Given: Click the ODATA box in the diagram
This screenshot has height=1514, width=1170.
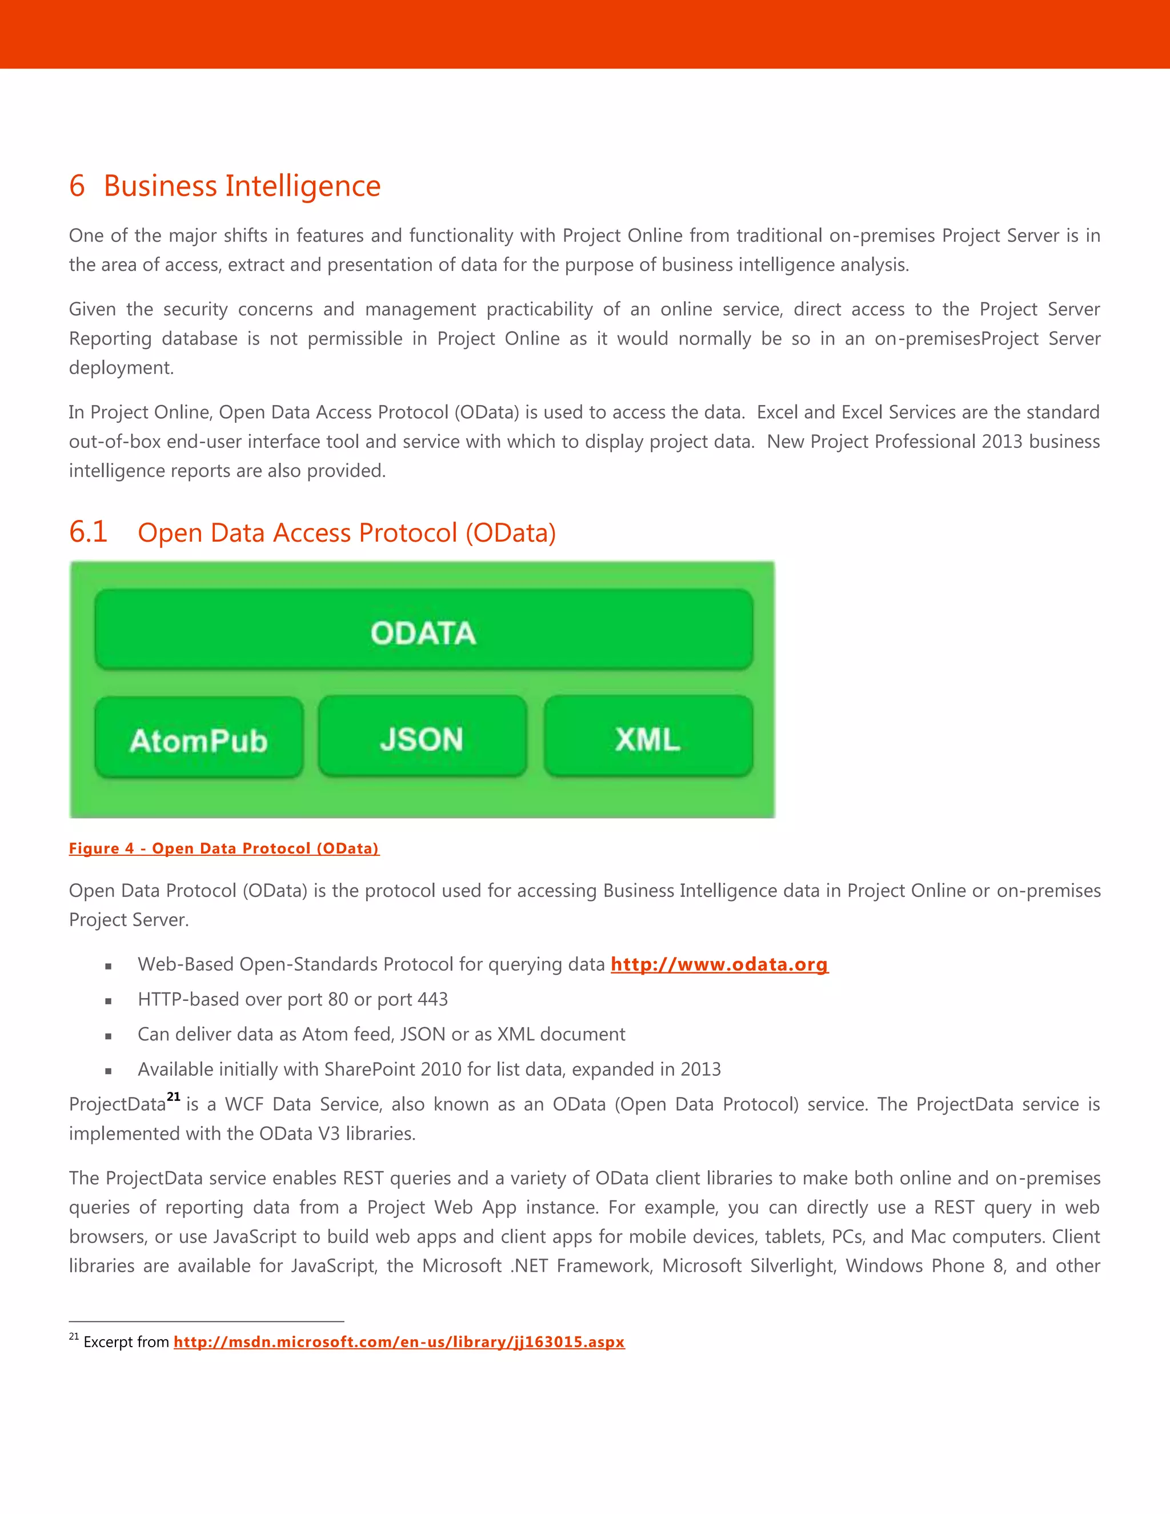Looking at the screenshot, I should pos(423,630).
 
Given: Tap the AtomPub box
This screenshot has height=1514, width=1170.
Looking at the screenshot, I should pos(199,739).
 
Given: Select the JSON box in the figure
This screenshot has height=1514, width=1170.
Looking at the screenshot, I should pos(422,738).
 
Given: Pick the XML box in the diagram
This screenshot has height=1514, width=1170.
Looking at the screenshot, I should pos(648,738).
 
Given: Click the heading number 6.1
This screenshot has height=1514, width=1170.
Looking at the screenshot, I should pos(88,532).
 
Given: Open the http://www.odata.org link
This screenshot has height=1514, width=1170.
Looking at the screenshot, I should pos(719,964).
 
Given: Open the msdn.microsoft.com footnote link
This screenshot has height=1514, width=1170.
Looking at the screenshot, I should pos(399,1342).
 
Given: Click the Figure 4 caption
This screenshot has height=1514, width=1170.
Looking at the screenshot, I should pos(224,848).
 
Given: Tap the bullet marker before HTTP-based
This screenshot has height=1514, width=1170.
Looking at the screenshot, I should pos(108,1001).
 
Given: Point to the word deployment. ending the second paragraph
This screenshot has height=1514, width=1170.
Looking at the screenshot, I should pos(121,368).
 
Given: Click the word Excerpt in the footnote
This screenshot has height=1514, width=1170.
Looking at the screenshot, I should pos(107,1342).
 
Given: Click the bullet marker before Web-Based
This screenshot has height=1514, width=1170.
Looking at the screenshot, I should pos(108,966).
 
